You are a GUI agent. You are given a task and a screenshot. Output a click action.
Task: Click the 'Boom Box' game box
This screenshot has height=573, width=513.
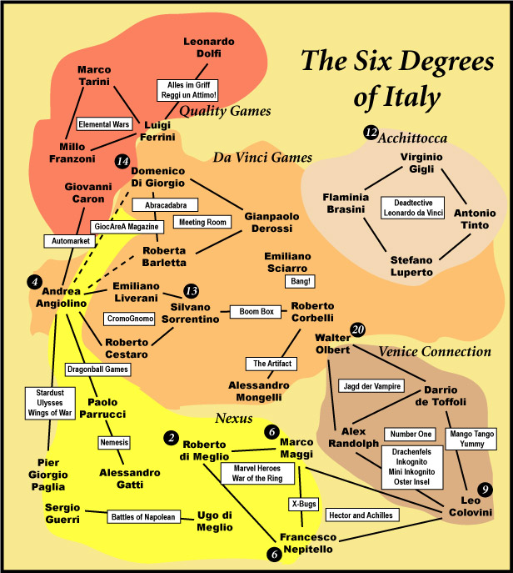(x=256, y=312)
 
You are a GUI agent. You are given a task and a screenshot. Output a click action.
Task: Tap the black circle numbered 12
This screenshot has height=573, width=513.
(x=371, y=133)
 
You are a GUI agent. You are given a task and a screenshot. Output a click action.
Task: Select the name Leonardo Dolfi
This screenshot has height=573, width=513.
(x=209, y=48)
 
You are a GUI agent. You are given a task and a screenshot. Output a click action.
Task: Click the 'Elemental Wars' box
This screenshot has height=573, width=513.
(x=104, y=124)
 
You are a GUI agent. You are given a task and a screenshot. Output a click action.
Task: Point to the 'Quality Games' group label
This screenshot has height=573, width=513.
(x=225, y=111)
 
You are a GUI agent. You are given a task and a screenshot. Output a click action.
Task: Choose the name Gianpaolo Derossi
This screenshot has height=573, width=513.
(x=271, y=222)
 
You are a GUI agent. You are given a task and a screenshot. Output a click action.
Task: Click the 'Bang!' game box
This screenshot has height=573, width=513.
(x=300, y=281)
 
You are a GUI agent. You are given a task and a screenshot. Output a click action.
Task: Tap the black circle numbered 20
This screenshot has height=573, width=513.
(x=357, y=329)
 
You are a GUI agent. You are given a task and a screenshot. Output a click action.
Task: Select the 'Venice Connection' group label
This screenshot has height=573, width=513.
(x=435, y=351)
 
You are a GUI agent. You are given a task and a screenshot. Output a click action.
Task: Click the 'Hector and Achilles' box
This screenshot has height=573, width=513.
(x=362, y=515)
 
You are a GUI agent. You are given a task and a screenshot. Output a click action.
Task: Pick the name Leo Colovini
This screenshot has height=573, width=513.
(x=471, y=506)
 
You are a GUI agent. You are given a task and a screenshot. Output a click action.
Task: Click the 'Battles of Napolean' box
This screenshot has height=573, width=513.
(x=143, y=517)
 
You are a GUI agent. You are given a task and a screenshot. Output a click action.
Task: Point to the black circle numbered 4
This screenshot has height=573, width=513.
(x=35, y=282)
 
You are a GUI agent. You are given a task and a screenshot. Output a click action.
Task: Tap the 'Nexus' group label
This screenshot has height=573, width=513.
(x=234, y=418)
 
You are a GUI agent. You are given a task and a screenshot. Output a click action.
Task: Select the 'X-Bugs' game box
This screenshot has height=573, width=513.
(x=304, y=504)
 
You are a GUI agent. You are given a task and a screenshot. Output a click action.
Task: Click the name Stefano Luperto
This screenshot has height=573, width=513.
(x=411, y=266)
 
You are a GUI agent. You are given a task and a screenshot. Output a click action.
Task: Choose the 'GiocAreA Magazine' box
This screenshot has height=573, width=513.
(x=127, y=227)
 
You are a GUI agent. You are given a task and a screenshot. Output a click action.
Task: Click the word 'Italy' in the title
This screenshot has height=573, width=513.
(x=397, y=97)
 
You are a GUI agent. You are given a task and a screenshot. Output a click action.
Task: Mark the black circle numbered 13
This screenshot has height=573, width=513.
(x=192, y=291)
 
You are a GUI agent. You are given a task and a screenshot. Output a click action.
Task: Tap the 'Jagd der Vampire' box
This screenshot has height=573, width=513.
(x=371, y=386)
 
